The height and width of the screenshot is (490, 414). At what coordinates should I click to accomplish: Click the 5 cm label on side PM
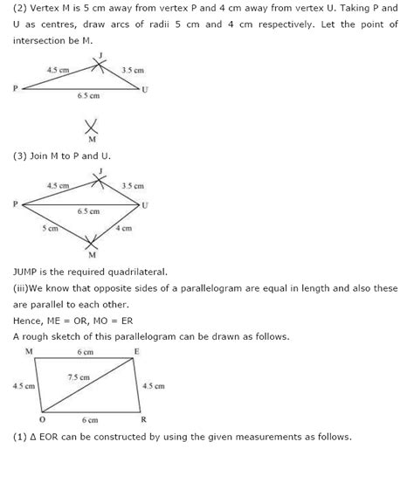pos(50,229)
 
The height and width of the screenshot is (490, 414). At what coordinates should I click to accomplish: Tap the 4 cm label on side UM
pos(123,229)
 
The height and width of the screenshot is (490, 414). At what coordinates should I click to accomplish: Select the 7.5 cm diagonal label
pos(77,376)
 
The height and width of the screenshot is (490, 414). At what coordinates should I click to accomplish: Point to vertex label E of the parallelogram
pos(136,350)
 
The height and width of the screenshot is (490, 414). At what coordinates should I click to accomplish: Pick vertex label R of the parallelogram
pos(143,418)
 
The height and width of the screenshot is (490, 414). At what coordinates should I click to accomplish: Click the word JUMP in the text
pos(28,272)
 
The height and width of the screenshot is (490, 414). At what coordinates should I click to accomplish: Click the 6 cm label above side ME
pos(84,351)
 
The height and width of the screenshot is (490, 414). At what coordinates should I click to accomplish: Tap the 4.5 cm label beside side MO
pos(24,384)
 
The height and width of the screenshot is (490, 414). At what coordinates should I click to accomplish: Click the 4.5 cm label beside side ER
pos(153,384)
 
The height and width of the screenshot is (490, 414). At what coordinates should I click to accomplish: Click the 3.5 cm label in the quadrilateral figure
pos(133,185)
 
